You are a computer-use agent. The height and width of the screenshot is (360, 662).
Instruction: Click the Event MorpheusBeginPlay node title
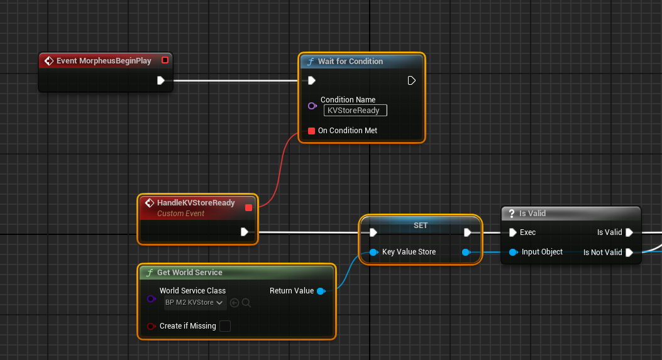pos(104,61)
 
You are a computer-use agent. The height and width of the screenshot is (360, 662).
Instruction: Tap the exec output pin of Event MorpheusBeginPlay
pos(160,80)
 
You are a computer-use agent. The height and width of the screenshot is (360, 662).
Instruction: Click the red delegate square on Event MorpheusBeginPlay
pos(165,60)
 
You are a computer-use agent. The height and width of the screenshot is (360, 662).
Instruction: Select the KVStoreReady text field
pos(355,111)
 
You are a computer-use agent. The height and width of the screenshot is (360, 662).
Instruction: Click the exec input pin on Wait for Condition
pos(312,80)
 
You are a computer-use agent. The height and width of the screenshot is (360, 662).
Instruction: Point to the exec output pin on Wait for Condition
pos(411,80)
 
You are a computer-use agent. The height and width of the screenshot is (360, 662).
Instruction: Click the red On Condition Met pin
pos(311,131)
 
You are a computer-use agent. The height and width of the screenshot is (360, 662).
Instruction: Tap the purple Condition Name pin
pos(312,106)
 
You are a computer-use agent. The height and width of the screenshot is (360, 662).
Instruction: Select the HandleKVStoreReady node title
pos(196,202)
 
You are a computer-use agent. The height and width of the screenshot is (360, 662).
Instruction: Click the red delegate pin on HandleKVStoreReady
pos(249,207)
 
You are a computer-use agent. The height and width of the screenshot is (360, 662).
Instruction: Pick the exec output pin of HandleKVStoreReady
pos(244,232)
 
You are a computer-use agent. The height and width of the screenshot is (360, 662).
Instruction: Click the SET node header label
pos(421,226)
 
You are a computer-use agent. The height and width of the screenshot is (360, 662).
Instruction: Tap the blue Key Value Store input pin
pos(373,253)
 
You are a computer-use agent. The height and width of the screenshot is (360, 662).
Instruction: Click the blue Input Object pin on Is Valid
pos(513,253)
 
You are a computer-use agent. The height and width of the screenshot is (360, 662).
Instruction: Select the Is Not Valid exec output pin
pos(629,253)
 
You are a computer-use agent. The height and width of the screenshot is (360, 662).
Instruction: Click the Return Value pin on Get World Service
pos(321,292)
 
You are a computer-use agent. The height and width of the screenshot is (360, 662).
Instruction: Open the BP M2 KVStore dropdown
pos(195,303)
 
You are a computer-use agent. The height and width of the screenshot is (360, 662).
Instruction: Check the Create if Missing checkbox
pos(225,326)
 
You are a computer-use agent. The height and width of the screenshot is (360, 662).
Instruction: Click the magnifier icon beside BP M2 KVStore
pos(246,303)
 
